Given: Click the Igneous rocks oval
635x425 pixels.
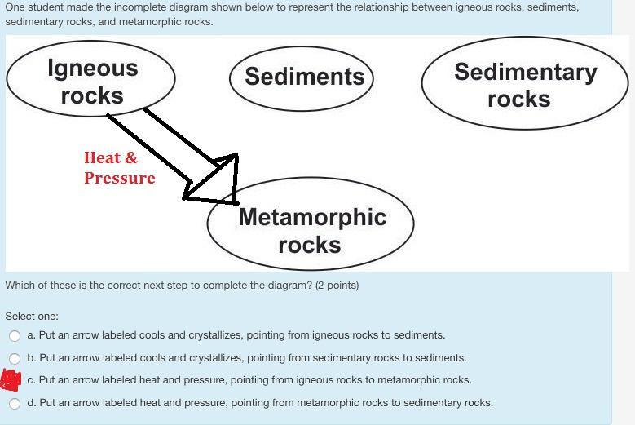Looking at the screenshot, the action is pos(90,41).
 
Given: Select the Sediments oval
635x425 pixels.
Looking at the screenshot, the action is pos(302,47).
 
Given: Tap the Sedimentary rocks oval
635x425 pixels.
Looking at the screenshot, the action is pos(525,38).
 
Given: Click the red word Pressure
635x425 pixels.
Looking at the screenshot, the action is pos(120,179).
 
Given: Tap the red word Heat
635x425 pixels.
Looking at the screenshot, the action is pos(102,157).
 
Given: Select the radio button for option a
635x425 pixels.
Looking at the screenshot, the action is pos(15,335).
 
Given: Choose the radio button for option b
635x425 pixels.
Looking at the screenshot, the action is pos(15,359).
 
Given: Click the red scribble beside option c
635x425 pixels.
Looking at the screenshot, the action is pos(11,380).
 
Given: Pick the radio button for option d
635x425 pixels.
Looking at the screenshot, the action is pos(15,404).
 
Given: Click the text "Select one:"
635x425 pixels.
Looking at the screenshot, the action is pos(32,316).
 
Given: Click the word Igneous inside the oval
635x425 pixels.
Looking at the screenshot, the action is pos(93,68).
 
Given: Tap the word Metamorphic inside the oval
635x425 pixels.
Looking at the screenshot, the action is pos(312,217).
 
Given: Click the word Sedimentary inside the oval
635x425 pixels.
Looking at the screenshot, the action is pos(526,73).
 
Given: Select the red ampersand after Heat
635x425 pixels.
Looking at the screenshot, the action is pos(131,157).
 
